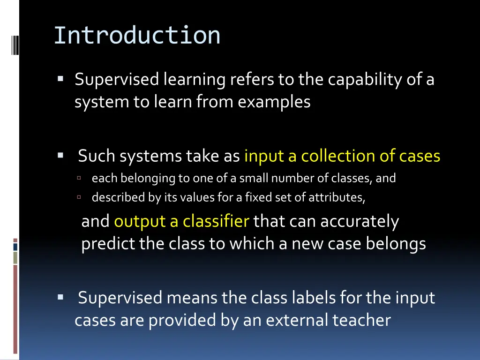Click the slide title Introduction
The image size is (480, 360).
pyautogui.click(x=137, y=36)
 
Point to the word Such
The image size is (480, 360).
pyautogui.click(x=96, y=156)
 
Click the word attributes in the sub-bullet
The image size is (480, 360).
pyautogui.click(x=336, y=197)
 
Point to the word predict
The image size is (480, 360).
pyautogui.click(x=108, y=244)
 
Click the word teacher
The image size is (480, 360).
pyautogui.click(x=361, y=320)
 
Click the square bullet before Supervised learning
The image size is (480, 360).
pyautogui.click(x=60, y=79)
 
